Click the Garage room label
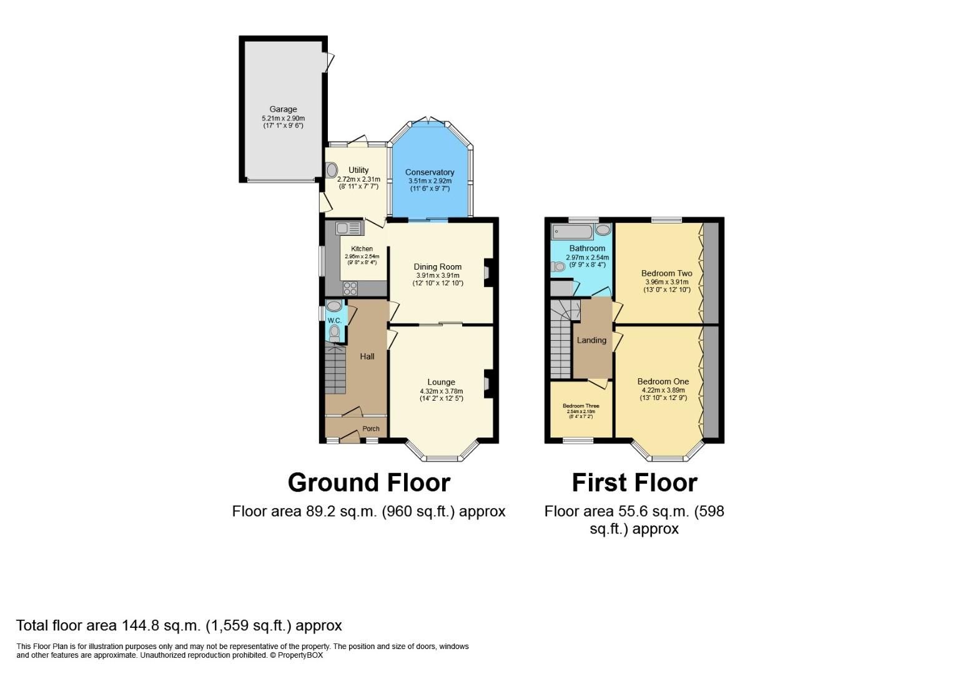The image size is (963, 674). [283, 109]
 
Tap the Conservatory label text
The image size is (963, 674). [430, 172]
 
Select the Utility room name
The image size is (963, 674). [358, 170]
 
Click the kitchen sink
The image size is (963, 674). [349, 228]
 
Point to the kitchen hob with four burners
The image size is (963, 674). [350, 288]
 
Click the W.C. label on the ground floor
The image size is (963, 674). [334, 321]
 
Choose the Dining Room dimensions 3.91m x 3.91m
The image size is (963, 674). [438, 275]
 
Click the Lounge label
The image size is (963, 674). [441, 382]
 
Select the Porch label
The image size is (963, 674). [371, 429]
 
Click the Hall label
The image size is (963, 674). [367, 356]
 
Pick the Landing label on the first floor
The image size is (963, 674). [591, 340]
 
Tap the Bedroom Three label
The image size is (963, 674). [581, 406]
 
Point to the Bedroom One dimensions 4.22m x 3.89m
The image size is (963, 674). [663, 391]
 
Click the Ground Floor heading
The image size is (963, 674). [368, 483]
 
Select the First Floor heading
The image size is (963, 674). [635, 483]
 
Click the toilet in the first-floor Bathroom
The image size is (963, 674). [558, 266]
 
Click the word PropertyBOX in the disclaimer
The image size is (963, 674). [300, 655]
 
